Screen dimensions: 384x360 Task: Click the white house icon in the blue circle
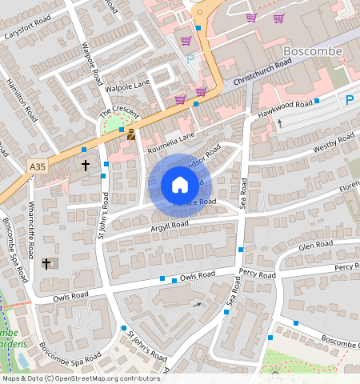click(x=179, y=186)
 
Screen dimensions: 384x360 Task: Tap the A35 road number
click(x=37, y=166)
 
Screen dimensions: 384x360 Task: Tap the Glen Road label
click(x=314, y=246)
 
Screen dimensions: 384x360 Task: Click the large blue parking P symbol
click(x=350, y=100)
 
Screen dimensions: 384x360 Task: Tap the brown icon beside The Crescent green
click(x=130, y=135)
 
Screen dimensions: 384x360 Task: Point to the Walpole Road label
click(x=94, y=64)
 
